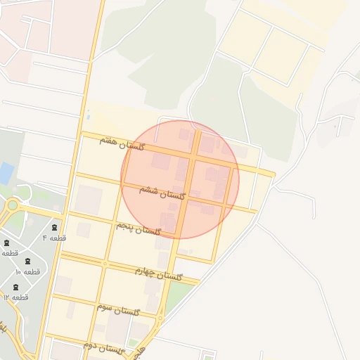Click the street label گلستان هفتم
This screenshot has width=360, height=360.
[x=122, y=143]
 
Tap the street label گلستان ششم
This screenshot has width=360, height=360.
[x=161, y=192]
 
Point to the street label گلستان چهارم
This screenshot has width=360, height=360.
[x=159, y=274]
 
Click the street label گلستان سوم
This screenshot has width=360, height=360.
[x=119, y=309]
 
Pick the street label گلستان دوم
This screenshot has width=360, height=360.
[x=103, y=347]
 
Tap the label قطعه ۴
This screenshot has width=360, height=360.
[x=54, y=238]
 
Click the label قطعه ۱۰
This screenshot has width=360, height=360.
[x=27, y=271]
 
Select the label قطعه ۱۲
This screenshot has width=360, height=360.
[x=15, y=297]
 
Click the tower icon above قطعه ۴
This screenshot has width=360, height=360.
[x=55, y=227]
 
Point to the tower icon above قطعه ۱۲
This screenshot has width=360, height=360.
[x=15, y=287]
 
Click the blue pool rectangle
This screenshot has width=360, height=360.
[x=6, y=173]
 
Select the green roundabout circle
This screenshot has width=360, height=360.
[x=12, y=205]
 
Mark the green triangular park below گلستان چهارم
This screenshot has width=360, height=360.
[x=177, y=295]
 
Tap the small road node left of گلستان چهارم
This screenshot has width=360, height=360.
[x=105, y=264]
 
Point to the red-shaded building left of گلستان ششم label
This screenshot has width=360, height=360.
[x=161, y=162]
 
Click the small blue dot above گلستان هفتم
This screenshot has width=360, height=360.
[x=89, y=117]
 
